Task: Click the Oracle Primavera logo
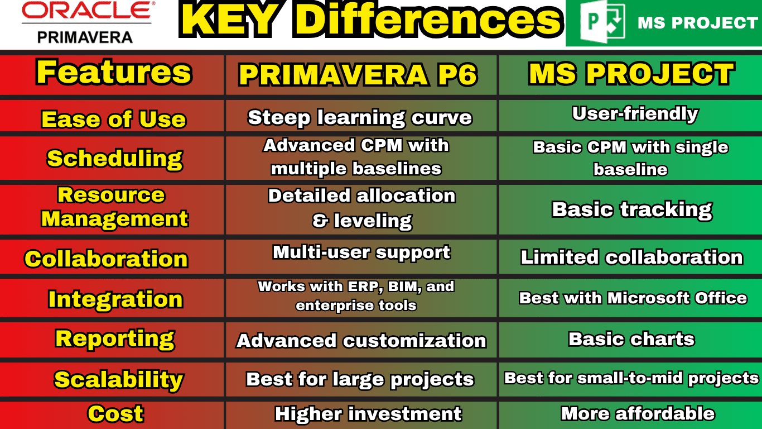(86, 23)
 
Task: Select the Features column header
(114, 73)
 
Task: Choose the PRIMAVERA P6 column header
(358, 75)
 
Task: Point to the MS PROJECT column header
(631, 74)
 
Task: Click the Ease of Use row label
(114, 119)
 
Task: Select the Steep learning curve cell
(360, 118)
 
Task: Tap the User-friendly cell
(635, 114)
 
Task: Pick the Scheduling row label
(114, 158)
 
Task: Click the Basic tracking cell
(632, 209)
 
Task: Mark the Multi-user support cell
(361, 252)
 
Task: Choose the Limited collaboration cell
(632, 257)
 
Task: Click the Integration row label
(115, 299)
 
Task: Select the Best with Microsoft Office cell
(633, 298)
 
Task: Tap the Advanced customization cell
(361, 340)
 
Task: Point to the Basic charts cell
(631, 339)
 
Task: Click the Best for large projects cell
(360, 379)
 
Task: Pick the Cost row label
(115, 414)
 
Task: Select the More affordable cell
(638, 413)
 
